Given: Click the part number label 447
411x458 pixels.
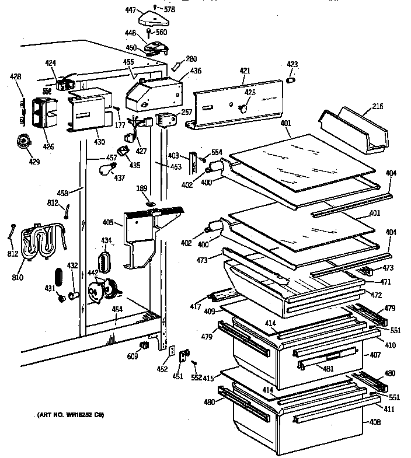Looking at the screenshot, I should click(x=131, y=10).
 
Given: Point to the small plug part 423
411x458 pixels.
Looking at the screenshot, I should click(x=294, y=79).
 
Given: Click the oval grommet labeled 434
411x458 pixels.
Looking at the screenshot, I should click(x=106, y=260).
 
